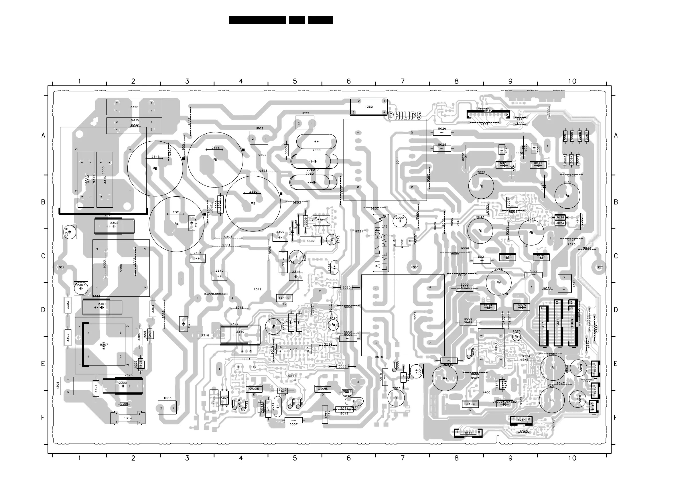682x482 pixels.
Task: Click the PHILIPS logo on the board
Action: [x=405, y=116]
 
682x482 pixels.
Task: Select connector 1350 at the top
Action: [x=368, y=106]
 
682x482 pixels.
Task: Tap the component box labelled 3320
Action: [x=134, y=107]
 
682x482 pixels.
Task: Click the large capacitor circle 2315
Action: [x=155, y=168]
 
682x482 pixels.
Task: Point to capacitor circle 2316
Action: [x=215, y=159]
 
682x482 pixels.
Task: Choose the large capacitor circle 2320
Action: [x=253, y=204]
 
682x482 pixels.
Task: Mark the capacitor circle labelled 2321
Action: [x=176, y=224]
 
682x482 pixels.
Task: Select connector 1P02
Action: [x=259, y=138]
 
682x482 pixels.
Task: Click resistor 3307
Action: [x=310, y=241]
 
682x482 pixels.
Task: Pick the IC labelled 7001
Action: [x=293, y=349]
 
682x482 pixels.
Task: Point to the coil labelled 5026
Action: [x=442, y=133]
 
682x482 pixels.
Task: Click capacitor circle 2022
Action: [x=481, y=186]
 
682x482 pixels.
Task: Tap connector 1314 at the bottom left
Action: [x=128, y=418]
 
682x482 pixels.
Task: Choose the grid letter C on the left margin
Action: [x=43, y=256]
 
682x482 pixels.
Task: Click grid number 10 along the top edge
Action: [x=572, y=81]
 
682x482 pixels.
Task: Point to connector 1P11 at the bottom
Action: [x=468, y=433]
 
